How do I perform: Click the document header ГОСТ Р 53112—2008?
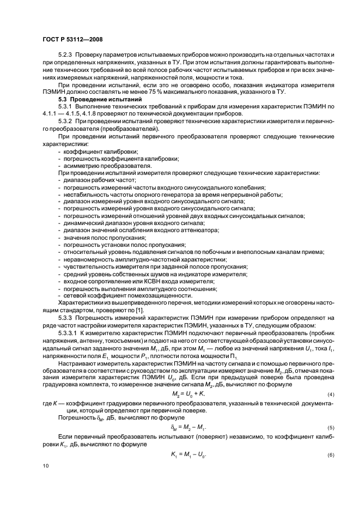pyautogui.click(x=73, y=40)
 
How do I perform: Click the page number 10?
pyautogui.click(x=46, y=465)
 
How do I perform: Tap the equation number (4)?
pyautogui.click(x=330, y=393)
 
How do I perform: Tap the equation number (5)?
pyautogui.click(x=330, y=428)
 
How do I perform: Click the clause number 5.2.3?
pyautogui.click(x=67, y=56)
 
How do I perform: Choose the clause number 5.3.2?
pyautogui.click(x=67, y=121)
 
